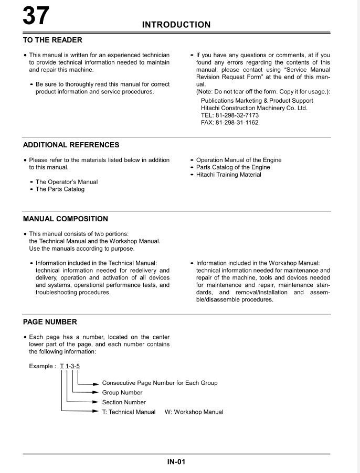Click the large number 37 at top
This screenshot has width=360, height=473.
[x=36, y=16]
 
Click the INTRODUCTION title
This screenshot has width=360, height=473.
[x=176, y=25]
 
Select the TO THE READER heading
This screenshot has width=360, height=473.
[x=52, y=40]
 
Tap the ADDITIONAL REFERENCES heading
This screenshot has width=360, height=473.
[x=71, y=145]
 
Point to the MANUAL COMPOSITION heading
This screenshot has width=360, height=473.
[x=65, y=219]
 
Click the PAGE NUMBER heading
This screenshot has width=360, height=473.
[x=50, y=322]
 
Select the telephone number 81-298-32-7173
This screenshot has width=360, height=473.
[x=230, y=115]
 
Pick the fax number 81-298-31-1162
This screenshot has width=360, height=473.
[x=230, y=123]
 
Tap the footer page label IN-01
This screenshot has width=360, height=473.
[x=176, y=462]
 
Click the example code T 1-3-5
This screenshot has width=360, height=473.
[x=70, y=366]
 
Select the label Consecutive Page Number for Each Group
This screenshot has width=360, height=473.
[x=160, y=383]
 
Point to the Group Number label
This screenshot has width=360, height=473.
[x=122, y=392]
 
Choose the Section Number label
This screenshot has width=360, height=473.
[x=124, y=402]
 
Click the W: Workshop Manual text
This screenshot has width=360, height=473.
[x=194, y=412]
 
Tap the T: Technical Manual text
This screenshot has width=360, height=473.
[x=129, y=412]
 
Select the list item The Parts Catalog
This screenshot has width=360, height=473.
[x=60, y=189]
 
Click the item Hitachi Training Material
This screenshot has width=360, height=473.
[x=228, y=175]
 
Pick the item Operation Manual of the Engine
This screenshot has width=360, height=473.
[x=239, y=160]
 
